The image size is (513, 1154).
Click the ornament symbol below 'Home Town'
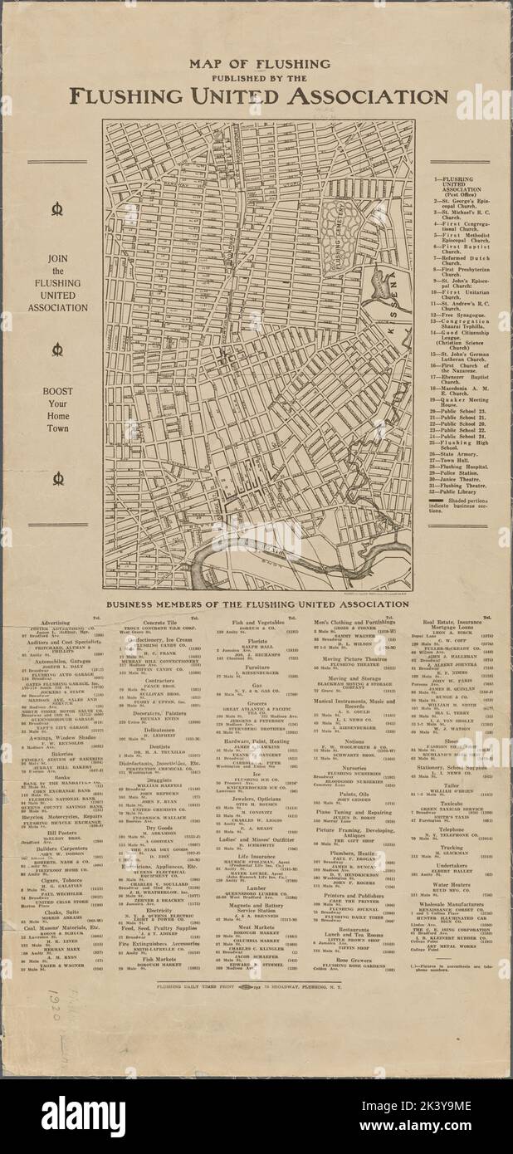pos(58,479)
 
